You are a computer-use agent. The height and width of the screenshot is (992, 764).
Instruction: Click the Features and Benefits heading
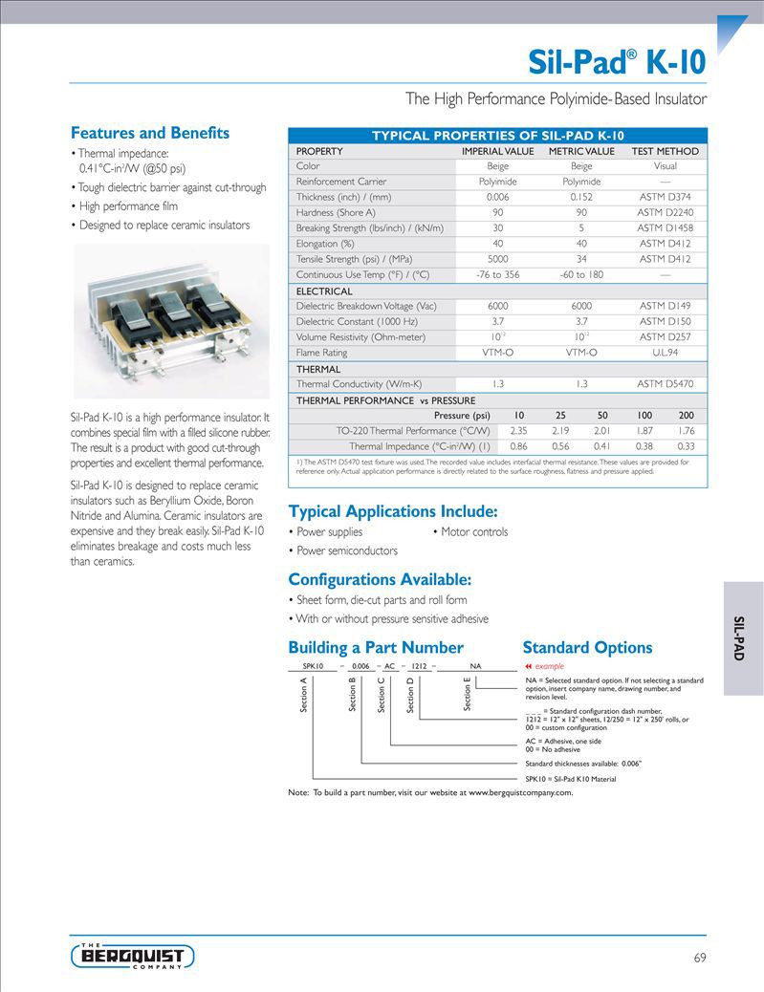150,133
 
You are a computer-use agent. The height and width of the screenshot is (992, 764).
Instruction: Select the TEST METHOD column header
665,151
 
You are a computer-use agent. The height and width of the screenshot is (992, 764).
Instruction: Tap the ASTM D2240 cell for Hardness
665,212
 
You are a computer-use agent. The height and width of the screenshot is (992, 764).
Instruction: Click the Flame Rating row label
321,353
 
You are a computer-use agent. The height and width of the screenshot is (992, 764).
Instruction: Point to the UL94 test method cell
665,353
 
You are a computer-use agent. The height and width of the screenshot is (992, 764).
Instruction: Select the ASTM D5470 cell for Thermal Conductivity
665,383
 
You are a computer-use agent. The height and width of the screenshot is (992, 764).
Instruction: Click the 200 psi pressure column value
686,415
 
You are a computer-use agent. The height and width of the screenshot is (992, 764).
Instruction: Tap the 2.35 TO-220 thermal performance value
518,430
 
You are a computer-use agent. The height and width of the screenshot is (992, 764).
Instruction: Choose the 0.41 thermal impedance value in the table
602,446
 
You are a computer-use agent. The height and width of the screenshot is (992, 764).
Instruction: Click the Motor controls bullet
473,531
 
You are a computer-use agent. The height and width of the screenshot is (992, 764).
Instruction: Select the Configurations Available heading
380,579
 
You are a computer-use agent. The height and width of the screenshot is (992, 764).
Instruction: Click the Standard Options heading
587,647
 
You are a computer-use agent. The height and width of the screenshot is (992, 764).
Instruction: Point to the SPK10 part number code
313,665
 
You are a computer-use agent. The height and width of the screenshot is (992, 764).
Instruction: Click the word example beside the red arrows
550,665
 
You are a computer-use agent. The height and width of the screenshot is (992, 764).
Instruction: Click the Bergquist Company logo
132,956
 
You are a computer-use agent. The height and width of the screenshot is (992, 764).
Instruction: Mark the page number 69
699,958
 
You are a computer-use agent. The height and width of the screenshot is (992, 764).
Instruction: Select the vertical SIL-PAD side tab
739,638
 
